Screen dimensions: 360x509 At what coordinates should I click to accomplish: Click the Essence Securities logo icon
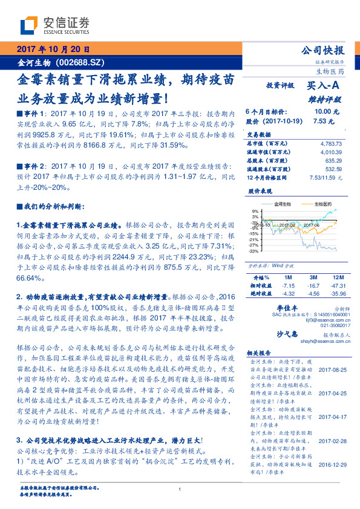pos(28,25)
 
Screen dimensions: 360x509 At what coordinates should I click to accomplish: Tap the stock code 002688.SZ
pos(81,62)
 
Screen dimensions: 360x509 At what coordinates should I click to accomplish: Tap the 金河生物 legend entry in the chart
pos(282,204)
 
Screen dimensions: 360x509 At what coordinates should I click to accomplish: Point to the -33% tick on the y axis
pos(254,251)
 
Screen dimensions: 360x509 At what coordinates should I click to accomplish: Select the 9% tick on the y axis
pos(255,211)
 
